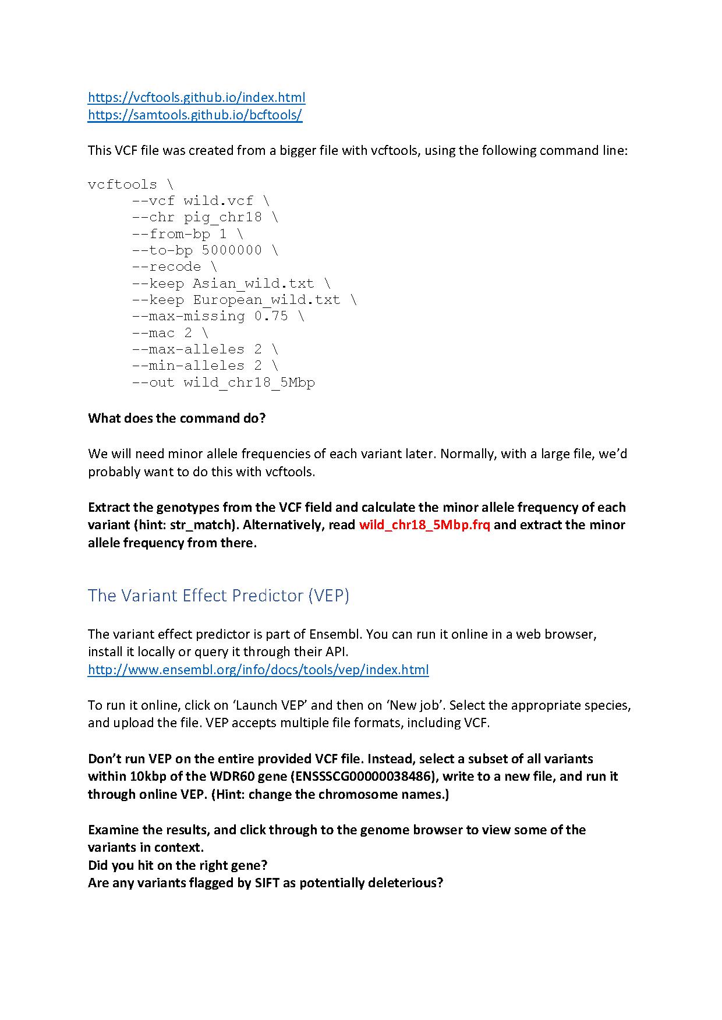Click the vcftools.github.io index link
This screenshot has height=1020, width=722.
(x=196, y=97)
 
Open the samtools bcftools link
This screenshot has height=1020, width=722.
(x=194, y=115)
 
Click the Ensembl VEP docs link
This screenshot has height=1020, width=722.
(x=258, y=670)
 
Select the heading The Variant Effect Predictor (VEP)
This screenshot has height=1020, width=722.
(x=218, y=596)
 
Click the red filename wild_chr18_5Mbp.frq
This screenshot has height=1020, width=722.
(x=424, y=525)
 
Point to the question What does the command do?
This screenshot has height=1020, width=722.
(x=176, y=418)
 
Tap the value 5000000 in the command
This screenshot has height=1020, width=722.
(x=232, y=250)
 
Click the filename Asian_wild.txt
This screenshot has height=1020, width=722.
(x=253, y=284)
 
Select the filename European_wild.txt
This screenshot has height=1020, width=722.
(x=267, y=300)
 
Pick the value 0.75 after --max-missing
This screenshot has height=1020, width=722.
(x=271, y=316)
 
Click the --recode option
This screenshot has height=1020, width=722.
(x=166, y=267)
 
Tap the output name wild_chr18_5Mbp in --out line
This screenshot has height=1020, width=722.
(x=249, y=382)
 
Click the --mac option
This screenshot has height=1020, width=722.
(x=153, y=333)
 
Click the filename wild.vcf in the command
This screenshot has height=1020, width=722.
(x=218, y=201)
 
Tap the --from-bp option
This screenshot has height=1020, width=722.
(x=170, y=234)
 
